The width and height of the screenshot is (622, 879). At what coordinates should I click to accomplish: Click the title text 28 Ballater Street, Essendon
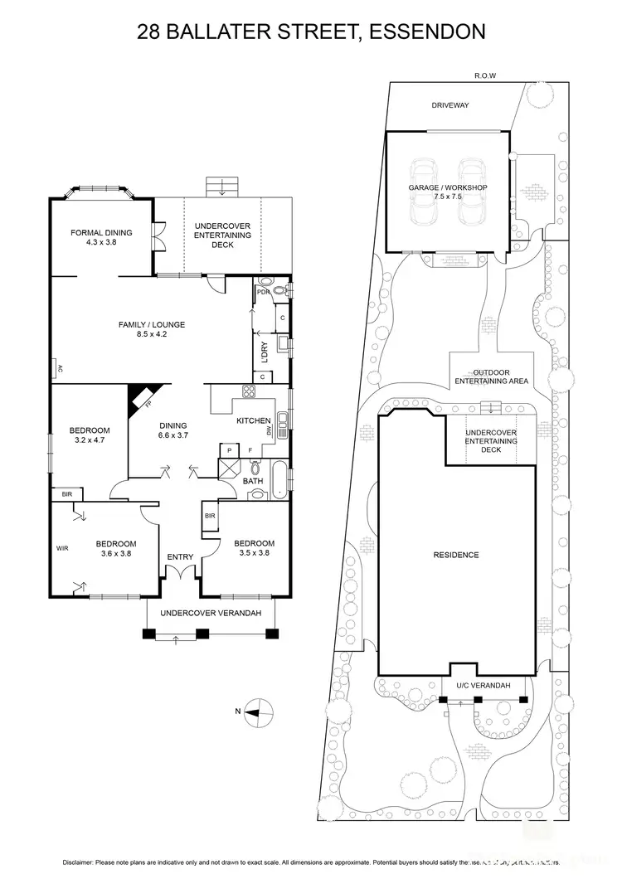tap(311, 32)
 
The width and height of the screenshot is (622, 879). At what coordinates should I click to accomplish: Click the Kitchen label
tap(254, 421)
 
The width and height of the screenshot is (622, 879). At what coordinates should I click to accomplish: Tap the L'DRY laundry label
tap(265, 352)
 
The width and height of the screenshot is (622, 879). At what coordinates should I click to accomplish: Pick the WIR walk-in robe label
tap(61, 548)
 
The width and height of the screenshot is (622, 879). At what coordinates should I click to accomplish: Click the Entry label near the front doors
tap(180, 557)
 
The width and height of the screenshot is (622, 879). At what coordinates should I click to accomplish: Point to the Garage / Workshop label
tap(447, 192)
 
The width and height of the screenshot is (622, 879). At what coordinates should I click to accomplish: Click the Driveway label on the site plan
tap(450, 105)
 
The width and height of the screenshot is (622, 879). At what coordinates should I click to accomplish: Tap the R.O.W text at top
tap(485, 75)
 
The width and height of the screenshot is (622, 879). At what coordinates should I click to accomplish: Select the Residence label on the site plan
tap(456, 555)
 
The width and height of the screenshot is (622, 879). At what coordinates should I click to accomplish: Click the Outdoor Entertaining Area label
tap(491, 377)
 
